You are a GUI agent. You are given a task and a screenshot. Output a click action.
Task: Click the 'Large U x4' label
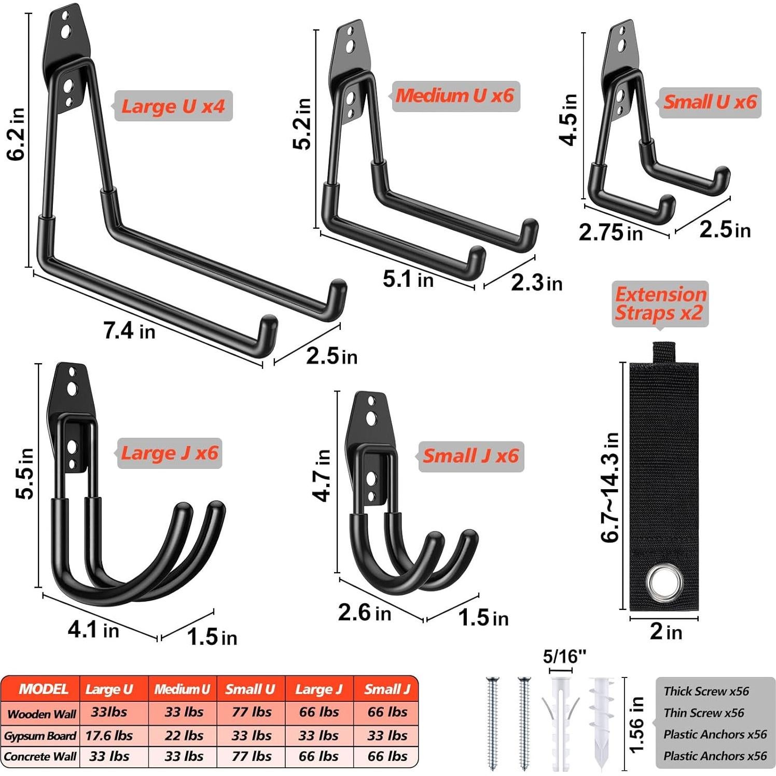click(x=173, y=106)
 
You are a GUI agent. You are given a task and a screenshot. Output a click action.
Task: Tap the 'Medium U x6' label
click(x=454, y=95)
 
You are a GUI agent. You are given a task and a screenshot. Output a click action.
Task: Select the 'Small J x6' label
click(x=470, y=456)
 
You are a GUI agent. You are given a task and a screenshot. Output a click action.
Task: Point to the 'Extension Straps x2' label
click(x=660, y=303)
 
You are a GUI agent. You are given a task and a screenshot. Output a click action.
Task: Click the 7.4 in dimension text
click(x=129, y=330)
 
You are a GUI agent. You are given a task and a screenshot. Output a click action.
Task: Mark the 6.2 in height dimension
click(x=17, y=134)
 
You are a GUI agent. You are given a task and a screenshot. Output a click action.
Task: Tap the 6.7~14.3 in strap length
click(x=611, y=487)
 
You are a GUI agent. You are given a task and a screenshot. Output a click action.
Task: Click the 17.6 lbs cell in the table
click(x=109, y=736)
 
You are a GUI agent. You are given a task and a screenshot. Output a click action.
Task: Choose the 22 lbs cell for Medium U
click(x=184, y=736)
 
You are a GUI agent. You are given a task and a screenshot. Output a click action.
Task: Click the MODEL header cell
click(x=43, y=689)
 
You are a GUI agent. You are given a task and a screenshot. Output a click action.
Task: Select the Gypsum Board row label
click(x=40, y=736)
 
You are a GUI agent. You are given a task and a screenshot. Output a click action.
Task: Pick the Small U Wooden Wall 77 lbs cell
click(x=251, y=712)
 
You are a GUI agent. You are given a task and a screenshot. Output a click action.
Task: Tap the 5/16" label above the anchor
click(x=564, y=657)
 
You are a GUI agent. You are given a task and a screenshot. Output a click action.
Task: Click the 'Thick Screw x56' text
click(x=706, y=691)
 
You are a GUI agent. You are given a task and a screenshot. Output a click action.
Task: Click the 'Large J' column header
click(x=318, y=689)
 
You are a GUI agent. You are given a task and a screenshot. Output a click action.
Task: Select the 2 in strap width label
click(x=666, y=632)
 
